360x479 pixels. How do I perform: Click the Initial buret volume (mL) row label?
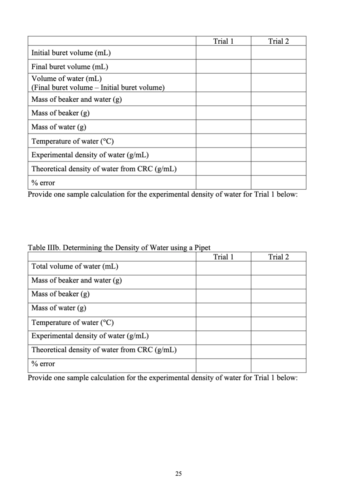click(71, 53)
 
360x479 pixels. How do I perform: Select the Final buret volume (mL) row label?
click(70, 67)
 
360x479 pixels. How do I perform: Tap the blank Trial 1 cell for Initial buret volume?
click(223, 52)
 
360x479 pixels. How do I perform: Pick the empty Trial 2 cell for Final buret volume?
click(278, 66)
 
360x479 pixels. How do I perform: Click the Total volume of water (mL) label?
click(75, 266)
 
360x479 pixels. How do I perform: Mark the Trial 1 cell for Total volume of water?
click(223, 268)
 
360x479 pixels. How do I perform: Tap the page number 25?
click(179, 474)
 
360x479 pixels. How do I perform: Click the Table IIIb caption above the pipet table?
click(119, 247)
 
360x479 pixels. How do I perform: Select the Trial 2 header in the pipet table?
click(278, 257)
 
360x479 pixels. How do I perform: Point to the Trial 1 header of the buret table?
click(223, 41)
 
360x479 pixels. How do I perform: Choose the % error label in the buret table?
click(43, 183)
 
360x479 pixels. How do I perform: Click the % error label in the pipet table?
click(43, 364)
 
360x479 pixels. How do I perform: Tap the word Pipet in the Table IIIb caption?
click(202, 247)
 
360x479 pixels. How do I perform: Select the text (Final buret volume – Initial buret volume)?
click(98, 87)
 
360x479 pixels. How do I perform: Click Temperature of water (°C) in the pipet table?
click(73, 323)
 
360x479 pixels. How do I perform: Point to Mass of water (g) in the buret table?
click(59, 127)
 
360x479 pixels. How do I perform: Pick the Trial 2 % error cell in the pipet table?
click(278, 366)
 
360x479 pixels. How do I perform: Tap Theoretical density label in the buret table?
click(104, 169)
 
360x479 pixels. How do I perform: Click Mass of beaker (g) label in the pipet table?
click(60, 294)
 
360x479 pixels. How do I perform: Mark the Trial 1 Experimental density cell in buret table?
click(223, 155)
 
